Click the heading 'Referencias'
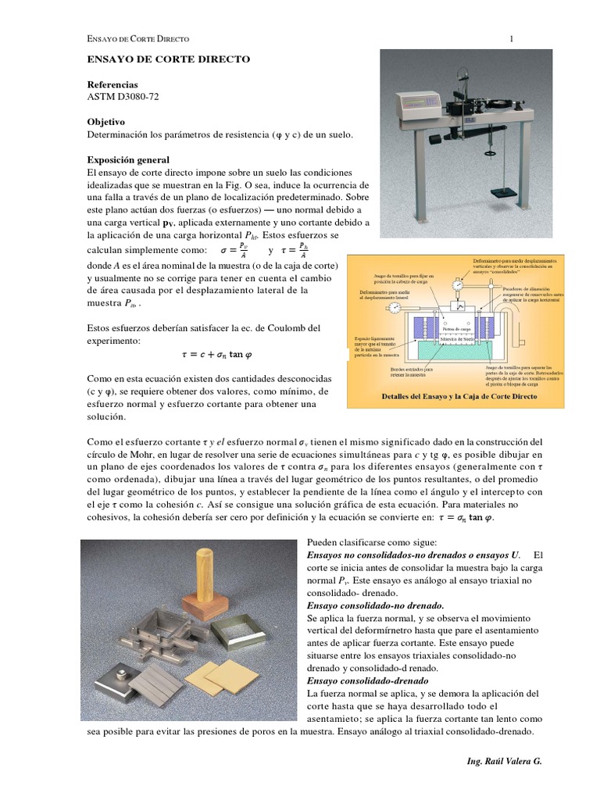(x=112, y=84)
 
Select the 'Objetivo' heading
(x=105, y=122)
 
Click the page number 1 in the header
(x=511, y=38)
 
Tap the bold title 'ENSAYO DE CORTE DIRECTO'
(x=167, y=59)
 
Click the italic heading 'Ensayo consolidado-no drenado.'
(x=365, y=605)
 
